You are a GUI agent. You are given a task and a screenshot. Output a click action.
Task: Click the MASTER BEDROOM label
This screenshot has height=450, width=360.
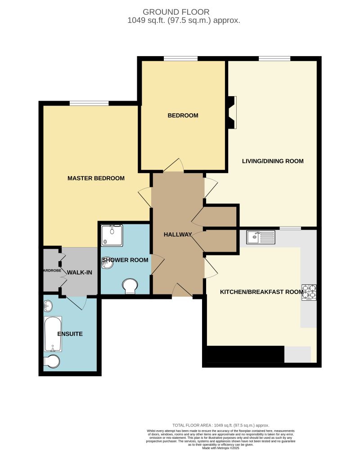tap(96, 178)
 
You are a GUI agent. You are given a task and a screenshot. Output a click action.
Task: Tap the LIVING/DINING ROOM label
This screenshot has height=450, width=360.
tap(273, 161)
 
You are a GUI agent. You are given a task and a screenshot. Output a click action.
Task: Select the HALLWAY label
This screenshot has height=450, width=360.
tap(178, 234)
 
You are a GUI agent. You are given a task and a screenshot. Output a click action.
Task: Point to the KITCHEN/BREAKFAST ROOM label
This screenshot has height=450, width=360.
tap(261, 292)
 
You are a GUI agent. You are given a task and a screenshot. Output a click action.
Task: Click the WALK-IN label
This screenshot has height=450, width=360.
tap(80, 272)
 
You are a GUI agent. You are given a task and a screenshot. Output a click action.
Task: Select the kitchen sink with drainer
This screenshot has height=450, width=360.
tap(261, 237)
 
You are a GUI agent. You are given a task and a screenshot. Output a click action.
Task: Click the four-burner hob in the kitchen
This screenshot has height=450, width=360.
tap(309, 292)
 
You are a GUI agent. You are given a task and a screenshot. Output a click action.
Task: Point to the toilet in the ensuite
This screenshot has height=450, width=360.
tap(52, 362)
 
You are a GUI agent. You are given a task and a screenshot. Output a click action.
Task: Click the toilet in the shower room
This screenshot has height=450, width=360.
tap(130, 285)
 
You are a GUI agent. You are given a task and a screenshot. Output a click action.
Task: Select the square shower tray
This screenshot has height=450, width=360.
tap(112, 236)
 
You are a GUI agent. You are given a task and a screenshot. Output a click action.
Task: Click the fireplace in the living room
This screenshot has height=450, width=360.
tap(232, 112)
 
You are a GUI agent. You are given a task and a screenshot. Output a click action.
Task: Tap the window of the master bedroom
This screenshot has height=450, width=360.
tap(89, 103)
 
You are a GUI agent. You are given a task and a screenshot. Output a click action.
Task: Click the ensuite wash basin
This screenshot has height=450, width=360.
tap(48, 307)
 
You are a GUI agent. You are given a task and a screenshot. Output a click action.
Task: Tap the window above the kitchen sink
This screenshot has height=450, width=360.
tap(290, 228)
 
